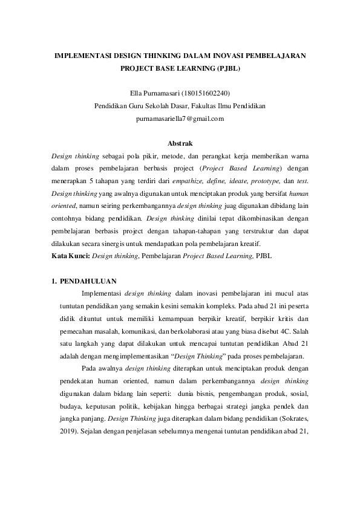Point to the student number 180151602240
pos(207,93)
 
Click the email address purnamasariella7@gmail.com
pos(180,118)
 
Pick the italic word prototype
pos(265,181)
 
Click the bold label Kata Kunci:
pos(71,256)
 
